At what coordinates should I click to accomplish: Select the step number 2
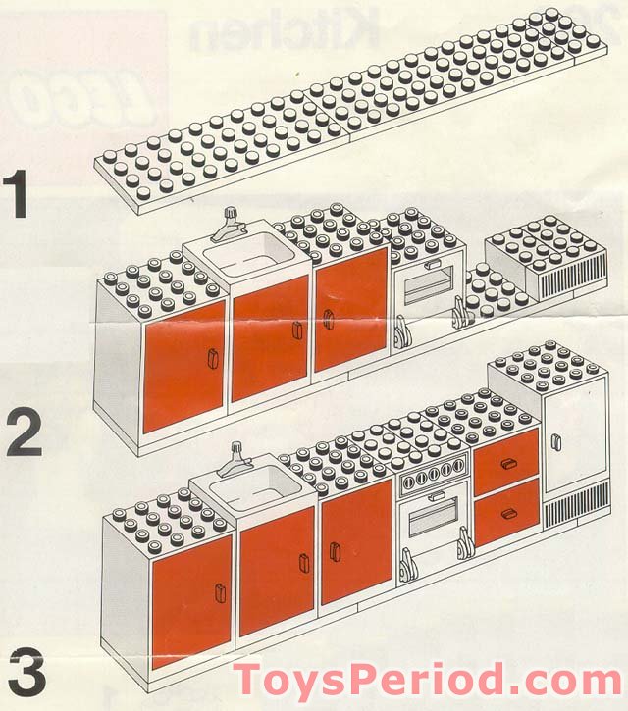(x=25, y=433)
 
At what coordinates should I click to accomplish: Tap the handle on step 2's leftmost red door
(x=209, y=360)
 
